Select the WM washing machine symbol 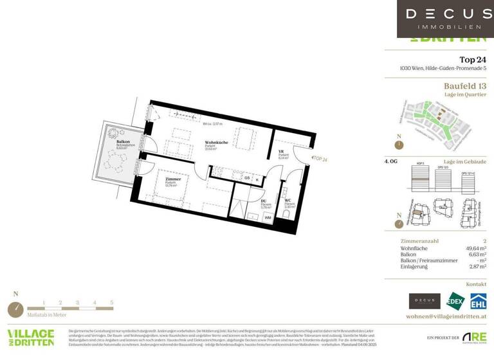click(267, 219)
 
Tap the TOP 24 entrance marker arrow click(311, 158)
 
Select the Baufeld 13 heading click(464, 86)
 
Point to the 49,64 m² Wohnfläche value click(475, 247)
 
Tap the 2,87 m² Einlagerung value click(477, 265)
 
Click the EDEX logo click(455, 301)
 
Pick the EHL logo click(477, 301)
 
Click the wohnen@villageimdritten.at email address click(446, 317)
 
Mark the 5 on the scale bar click(111, 301)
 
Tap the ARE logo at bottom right click(474, 337)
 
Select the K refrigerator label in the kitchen click(257, 179)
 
